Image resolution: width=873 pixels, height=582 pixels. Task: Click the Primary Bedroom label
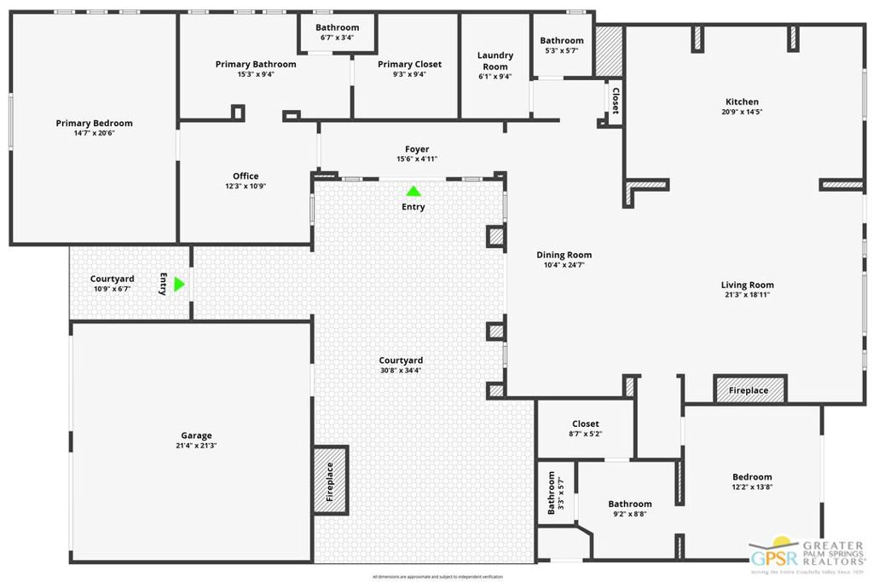[x=94, y=124]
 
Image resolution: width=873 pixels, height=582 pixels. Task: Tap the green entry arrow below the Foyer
[x=413, y=192]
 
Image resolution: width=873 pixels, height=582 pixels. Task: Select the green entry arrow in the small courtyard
[x=179, y=284]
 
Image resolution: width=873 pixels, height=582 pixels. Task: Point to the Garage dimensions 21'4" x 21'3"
[x=196, y=446]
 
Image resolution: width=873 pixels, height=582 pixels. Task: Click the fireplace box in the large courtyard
[x=330, y=481]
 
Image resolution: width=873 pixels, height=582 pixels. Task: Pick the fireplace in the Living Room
[x=749, y=390]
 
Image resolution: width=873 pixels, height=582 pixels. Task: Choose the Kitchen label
[x=742, y=102]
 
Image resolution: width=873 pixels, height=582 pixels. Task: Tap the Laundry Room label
[x=494, y=61]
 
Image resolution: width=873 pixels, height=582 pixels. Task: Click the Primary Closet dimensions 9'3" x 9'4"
[x=409, y=75]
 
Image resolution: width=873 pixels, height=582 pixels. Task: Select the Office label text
[x=246, y=176]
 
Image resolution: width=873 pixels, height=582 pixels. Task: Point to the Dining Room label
[x=564, y=255]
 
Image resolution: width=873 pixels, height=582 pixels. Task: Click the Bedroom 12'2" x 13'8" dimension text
[x=752, y=487]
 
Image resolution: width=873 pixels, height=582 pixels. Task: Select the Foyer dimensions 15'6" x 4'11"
[x=417, y=159]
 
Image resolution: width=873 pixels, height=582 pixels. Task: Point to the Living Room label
[x=747, y=285]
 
